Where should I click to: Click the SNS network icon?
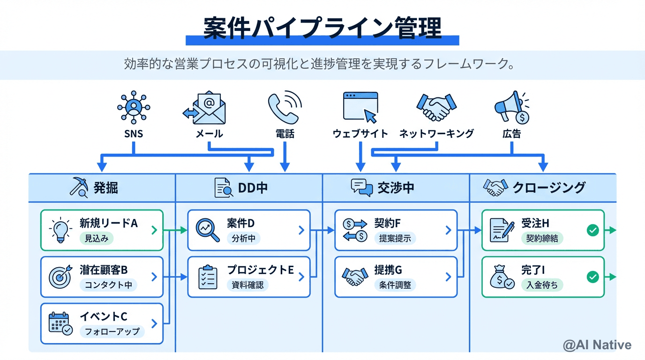point(134,108)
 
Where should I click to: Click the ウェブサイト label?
point(360,134)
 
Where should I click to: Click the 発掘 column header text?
point(105,188)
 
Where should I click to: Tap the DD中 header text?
point(253,188)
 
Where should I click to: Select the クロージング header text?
point(549,188)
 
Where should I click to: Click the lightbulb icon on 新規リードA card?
point(60,230)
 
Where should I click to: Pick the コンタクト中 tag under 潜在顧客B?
point(108,285)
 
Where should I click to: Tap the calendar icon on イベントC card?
point(60,323)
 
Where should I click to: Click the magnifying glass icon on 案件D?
point(208,230)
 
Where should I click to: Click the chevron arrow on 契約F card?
point(448,230)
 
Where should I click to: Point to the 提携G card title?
point(388,270)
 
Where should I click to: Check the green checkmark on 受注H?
point(593,230)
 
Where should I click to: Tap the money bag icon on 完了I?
point(502,277)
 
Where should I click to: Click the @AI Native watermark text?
point(597,345)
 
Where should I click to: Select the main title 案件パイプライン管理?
point(322,28)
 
